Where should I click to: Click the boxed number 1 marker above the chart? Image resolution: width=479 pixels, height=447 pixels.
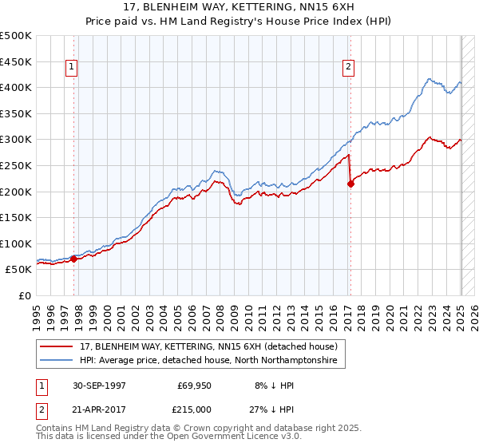(72, 68)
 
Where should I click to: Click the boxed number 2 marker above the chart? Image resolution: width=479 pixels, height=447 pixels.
(349, 68)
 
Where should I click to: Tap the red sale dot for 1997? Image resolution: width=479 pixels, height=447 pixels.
(73, 259)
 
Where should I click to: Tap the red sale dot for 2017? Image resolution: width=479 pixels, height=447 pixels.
(350, 184)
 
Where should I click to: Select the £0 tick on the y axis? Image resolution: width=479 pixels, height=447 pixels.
(26, 295)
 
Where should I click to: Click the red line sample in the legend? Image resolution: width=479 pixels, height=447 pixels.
(56, 346)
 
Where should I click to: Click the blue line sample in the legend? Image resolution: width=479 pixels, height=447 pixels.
(56, 361)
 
